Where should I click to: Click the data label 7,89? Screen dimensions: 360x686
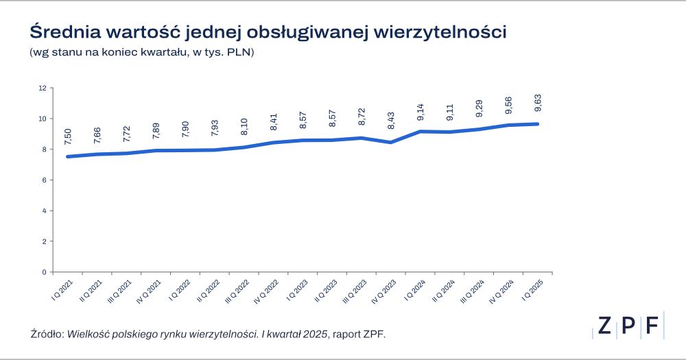156,132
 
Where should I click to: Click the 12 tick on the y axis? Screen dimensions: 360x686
43,88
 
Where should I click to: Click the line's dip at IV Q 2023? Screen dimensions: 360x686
390,142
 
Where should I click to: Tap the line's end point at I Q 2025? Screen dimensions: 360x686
537,124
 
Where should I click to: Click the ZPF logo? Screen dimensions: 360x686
628,326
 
